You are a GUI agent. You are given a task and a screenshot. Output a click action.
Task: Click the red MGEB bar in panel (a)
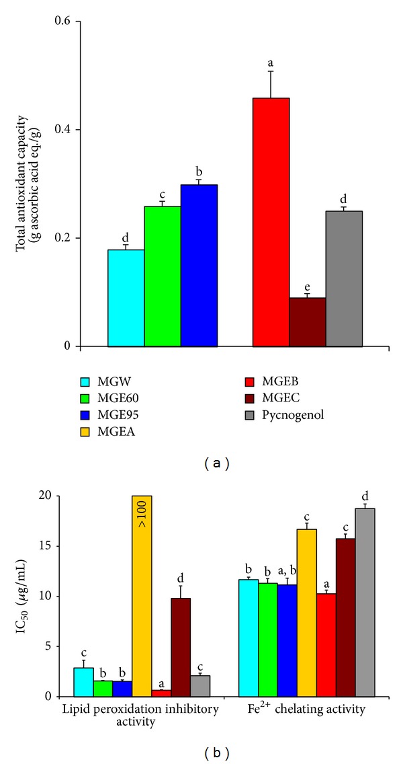tap(271, 222)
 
